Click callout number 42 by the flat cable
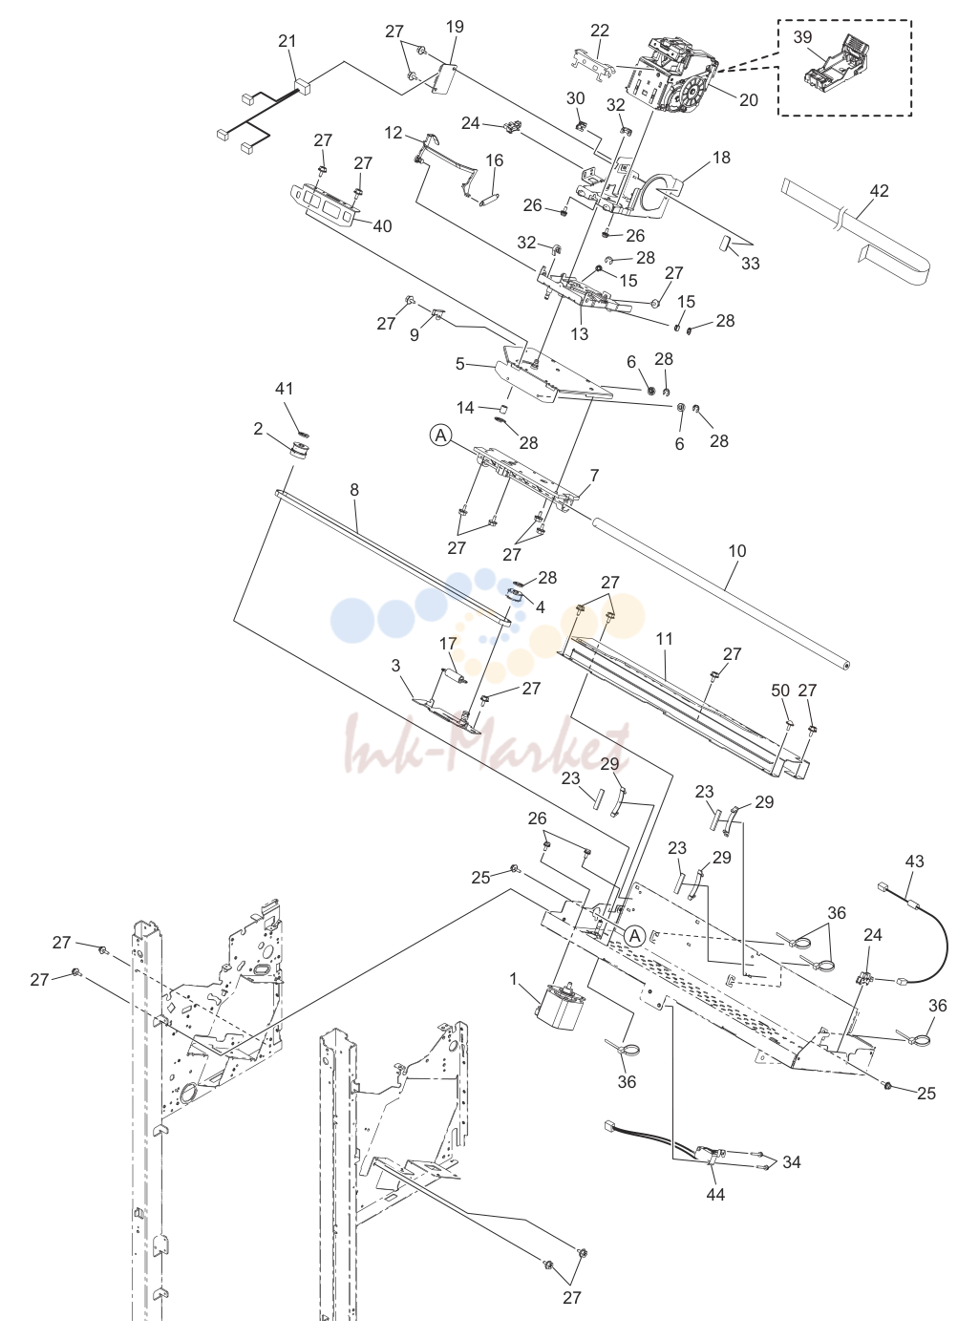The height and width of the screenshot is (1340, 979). pyautogui.click(x=879, y=191)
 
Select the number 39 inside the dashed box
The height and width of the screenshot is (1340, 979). pyautogui.click(x=802, y=37)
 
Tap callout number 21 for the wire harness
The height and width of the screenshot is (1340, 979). pyautogui.click(x=287, y=41)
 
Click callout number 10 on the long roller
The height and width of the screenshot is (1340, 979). pyautogui.click(x=737, y=550)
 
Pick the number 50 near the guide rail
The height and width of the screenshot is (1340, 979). pyautogui.click(x=780, y=691)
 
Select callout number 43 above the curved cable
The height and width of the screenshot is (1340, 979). pyautogui.click(x=914, y=861)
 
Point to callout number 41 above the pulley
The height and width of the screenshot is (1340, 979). pyautogui.click(x=285, y=389)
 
